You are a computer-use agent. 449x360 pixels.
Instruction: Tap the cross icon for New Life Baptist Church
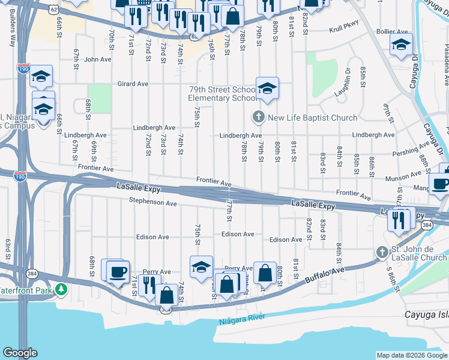pyautogui.click(x=259, y=117)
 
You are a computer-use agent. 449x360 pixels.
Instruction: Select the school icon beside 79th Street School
pyautogui.click(x=267, y=89)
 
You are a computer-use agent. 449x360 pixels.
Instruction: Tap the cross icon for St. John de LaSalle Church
pyautogui.click(x=381, y=252)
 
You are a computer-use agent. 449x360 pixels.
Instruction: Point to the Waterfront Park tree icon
pyautogui.click(x=61, y=290)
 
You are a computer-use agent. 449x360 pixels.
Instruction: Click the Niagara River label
pyautogui.click(x=243, y=321)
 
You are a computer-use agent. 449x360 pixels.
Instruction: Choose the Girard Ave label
pyautogui.click(x=132, y=84)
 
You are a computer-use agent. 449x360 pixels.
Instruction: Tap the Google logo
pyautogui.click(x=20, y=352)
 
